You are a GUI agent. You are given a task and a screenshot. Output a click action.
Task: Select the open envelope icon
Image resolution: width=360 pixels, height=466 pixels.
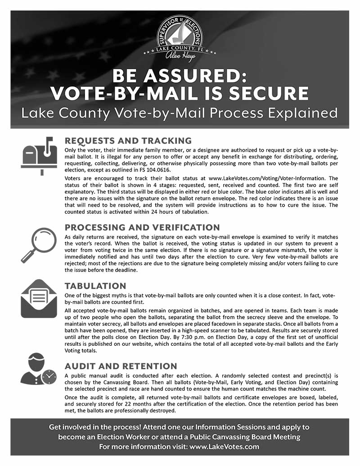point(39,299)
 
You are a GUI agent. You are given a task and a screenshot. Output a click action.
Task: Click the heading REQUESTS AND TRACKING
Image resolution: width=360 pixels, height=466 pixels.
point(128,141)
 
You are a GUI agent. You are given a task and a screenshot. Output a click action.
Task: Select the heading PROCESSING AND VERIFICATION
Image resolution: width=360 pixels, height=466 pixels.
point(142,227)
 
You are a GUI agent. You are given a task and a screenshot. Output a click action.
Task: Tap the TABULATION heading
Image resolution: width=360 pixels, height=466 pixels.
point(95,286)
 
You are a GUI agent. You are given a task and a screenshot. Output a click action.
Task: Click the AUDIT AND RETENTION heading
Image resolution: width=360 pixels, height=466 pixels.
point(121,366)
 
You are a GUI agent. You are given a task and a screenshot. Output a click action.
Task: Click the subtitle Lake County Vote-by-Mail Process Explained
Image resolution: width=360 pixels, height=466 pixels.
point(180,113)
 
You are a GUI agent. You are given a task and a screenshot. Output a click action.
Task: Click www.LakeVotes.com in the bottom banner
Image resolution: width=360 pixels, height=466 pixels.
point(225,447)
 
